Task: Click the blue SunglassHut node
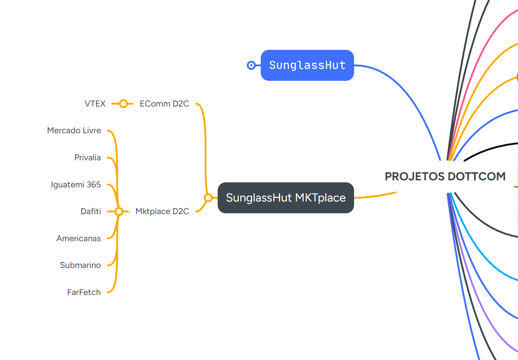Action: (307, 65)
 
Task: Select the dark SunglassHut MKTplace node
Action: (286, 198)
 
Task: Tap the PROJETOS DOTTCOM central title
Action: (445, 176)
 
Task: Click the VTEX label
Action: (95, 104)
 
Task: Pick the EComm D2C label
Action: (164, 104)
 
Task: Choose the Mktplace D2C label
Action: (162, 212)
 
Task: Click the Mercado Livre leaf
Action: (74, 131)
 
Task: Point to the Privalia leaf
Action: (88, 158)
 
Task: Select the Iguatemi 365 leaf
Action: (76, 185)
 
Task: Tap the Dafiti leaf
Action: (91, 212)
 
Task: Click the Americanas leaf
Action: (79, 239)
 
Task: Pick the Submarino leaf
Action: (80, 265)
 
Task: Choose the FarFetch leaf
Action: (84, 292)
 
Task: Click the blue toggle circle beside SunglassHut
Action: (251, 65)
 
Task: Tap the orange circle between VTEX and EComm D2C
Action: (123, 104)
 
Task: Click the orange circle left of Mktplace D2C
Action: (119, 212)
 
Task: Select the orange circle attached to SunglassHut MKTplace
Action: (208, 198)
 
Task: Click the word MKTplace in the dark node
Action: (320, 198)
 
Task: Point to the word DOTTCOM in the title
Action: (477, 176)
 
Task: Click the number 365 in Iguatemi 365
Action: (94, 185)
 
